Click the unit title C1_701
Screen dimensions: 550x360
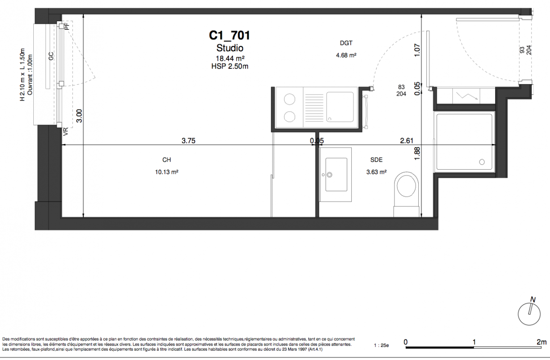pyautogui.click(x=229, y=36)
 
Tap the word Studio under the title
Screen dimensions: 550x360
pyautogui.click(x=230, y=48)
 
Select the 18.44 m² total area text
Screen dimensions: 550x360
pyautogui.click(x=230, y=58)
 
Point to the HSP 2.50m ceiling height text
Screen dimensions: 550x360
pyautogui.click(x=230, y=66)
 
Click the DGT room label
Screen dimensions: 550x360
pyautogui.click(x=346, y=43)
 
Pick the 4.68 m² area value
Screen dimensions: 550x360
pyautogui.click(x=346, y=55)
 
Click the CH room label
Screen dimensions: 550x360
pyautogui.click(x=166, y=160)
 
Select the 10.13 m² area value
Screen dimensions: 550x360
pyautogui.click(x=166, y=172)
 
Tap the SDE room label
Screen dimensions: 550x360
pyautogui.click(x=376, y=160)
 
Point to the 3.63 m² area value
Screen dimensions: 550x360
pyautogui.click(x=376, y=172)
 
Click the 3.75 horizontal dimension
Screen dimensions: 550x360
pyautogui.click(x=188, y=140)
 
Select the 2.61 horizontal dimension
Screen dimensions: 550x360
pyautogui.click(x=407, y=140)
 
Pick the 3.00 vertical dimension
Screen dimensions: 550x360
pyautogui.click(x=79, y=116)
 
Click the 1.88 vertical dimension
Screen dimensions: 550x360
pyautogui.click(x=417, y=153)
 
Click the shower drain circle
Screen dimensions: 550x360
pyautogui.click(x=482, y=162)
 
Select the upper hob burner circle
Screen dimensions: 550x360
pyautogui.click(x=290, y=99)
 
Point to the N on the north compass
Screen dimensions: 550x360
pyautogui.click(x=532, y=300)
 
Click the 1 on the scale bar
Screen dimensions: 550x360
pyautogui.click(x=474, y=342)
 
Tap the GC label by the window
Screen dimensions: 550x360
pyautogui.click(x=51, y=56)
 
